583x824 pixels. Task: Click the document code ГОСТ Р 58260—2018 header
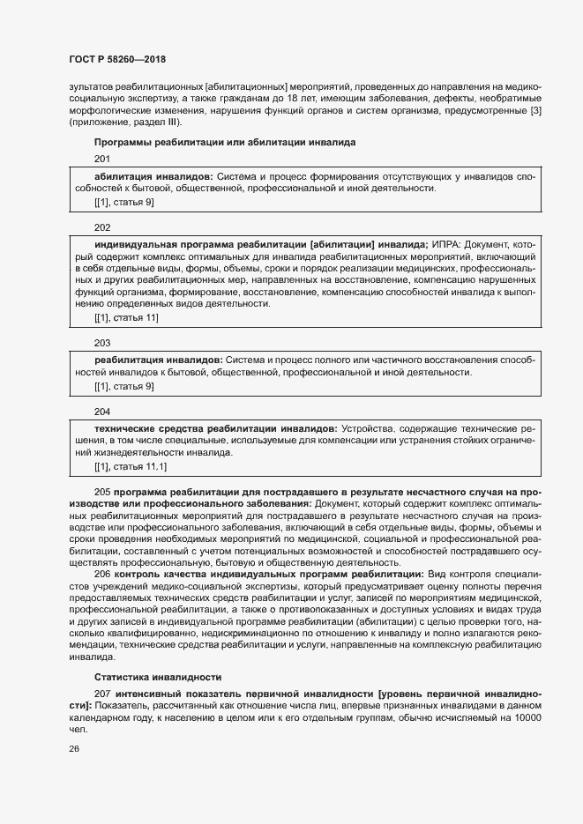click(x=116, y=59)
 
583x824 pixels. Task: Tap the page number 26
click(x=74, y=748)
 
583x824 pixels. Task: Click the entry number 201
click(x=102, y=159)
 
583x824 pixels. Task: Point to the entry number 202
click(x=102, y=226)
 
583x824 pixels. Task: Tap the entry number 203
click(x=102, y=343)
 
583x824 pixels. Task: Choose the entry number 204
click(x=102, y=411)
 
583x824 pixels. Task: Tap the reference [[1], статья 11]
click(x=126, y=317)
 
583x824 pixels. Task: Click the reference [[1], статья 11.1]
click(x=131, y=465)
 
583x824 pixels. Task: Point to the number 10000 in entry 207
click(x=527, y=719)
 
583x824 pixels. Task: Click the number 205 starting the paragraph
click(x=101, y=491)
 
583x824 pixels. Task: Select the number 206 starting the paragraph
click(x=101, y=574)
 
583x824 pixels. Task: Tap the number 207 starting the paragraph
click(x=101, y=694)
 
